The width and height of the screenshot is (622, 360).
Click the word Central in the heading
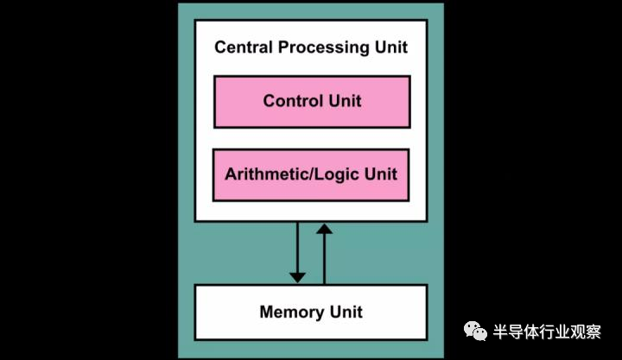[x=244, y=47]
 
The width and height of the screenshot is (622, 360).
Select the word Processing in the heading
[x=324, y=48]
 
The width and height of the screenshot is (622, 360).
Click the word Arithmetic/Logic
[x=292, y=174]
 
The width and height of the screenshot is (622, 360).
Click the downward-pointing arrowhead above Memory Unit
[x=297, y=277]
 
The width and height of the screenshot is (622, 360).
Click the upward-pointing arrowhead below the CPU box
[x=325, y=229]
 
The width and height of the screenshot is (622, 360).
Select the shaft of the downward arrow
[x=297, y=247]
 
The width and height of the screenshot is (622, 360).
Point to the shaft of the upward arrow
[x=325, y=259]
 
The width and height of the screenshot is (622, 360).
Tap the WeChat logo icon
[x=475, y=332]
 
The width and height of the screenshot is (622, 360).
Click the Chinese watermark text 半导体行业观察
[x=547, y=332]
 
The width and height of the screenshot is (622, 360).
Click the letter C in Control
[x=270, y=101]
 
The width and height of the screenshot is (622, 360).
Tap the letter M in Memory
[x=267, y=312]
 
